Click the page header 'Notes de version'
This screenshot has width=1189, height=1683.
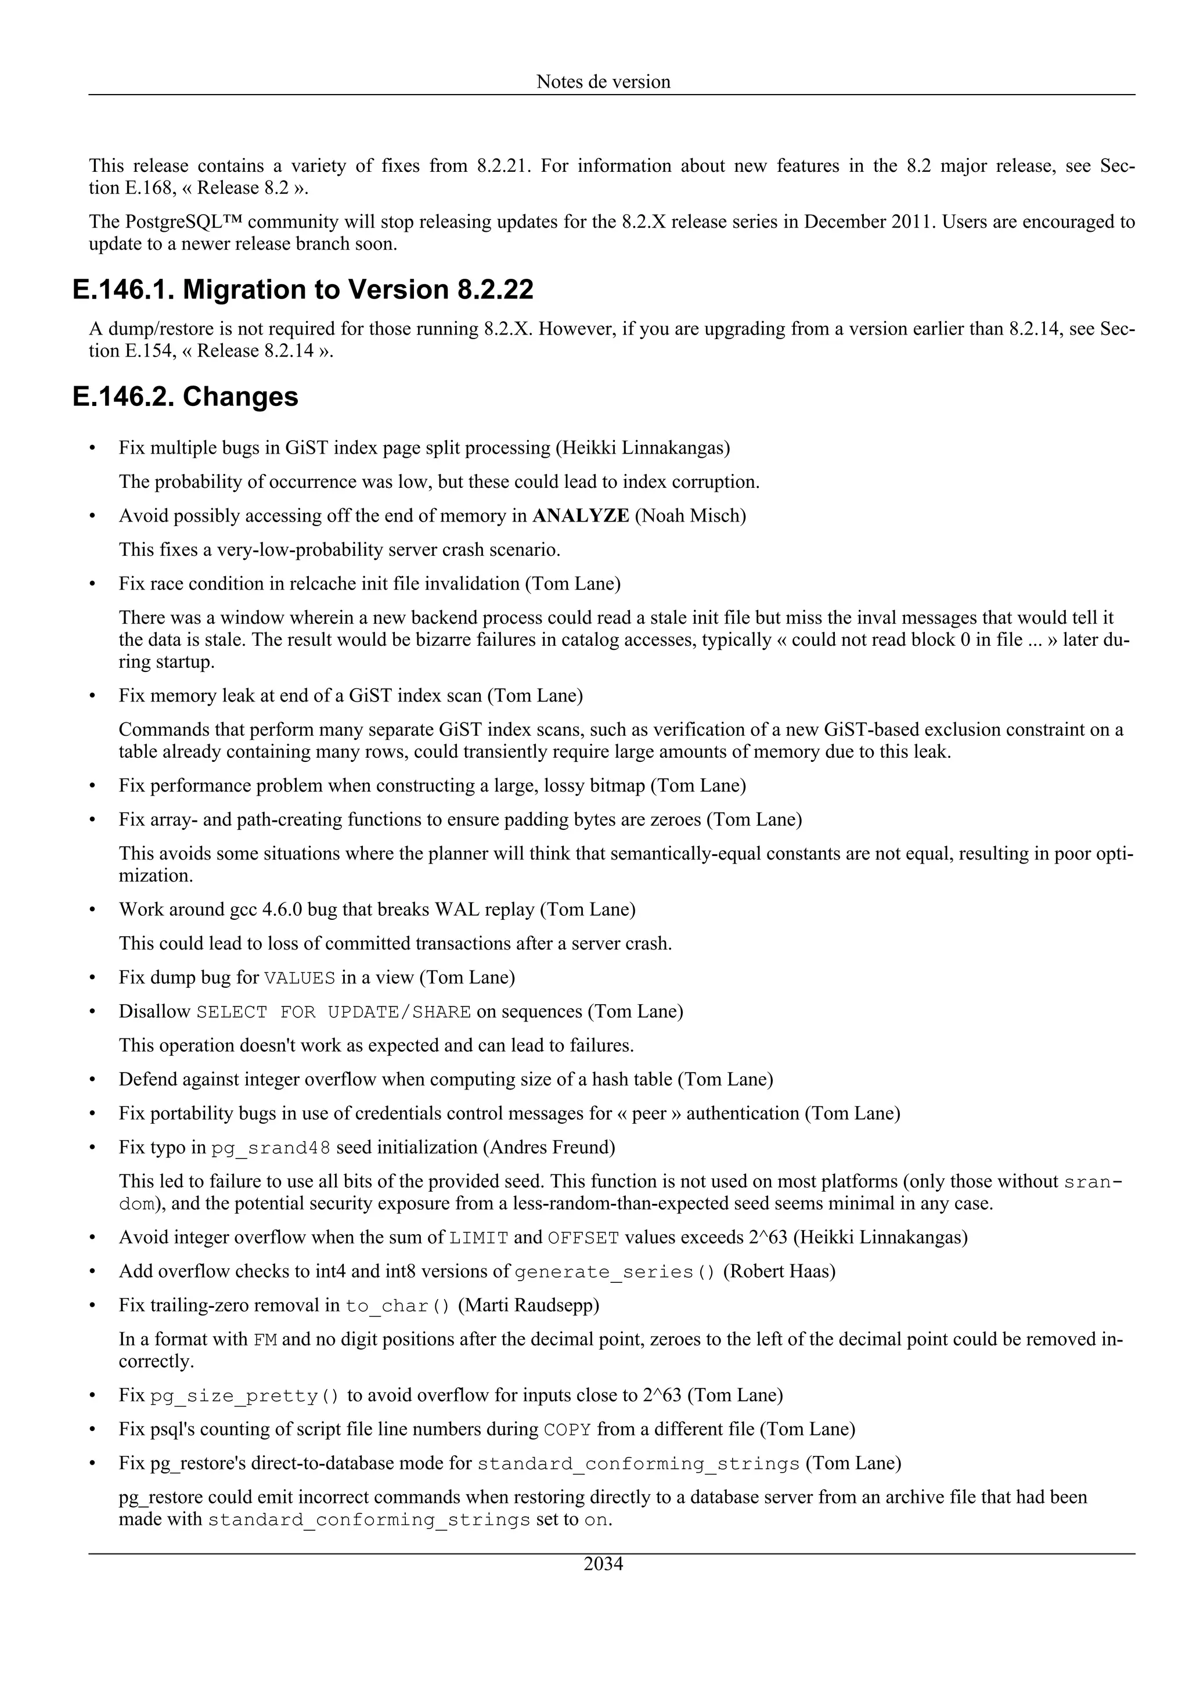(x=603, y=81)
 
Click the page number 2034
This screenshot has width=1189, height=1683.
(x=603, y=1565)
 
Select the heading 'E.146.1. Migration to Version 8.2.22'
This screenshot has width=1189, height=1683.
(x=302, y=290)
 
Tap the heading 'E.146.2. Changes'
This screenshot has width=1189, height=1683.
(x=185, y=397)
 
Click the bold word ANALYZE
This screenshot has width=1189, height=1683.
(x=580, y=516)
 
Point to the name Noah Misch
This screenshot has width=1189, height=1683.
(x=690, y=516)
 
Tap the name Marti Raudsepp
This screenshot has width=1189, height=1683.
(x=528, y=1305)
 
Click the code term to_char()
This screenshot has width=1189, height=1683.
(x=398, y=1306)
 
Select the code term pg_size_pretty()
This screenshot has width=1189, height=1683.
(x=244, y=1396)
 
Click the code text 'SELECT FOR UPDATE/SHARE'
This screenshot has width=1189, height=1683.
(x=333, y=1012)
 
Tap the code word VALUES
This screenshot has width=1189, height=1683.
(x=299, y=979)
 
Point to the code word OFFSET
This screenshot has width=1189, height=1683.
(x=583, y=1238)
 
